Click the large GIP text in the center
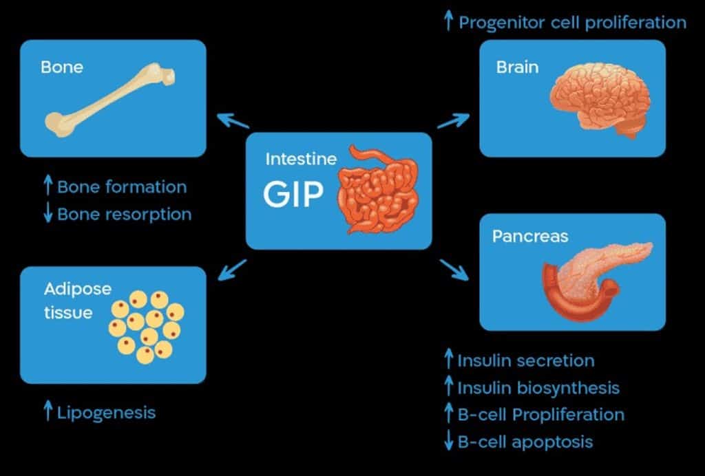point(293,194)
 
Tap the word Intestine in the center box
point(301,159)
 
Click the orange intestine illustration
point(378,189)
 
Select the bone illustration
point(109,99)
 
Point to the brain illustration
point(600,100)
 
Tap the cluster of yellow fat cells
point(146,327)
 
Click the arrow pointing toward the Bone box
point(233,120)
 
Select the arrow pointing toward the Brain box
point(453,120)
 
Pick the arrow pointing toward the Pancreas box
point(454,270)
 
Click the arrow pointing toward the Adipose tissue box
point(233,270)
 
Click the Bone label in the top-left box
point(61,67)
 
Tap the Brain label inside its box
point(517,67)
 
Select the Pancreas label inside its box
point(530,236)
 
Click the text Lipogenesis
point(107,413)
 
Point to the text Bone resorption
point(125,214)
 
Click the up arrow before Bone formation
point(48,186)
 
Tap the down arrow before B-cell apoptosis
point(448,440)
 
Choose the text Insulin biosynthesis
point(538,388)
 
